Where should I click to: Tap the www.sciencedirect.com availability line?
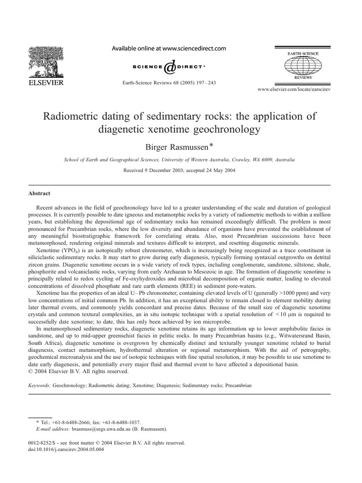coord(168,48)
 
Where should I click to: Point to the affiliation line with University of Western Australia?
coord(181,160)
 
